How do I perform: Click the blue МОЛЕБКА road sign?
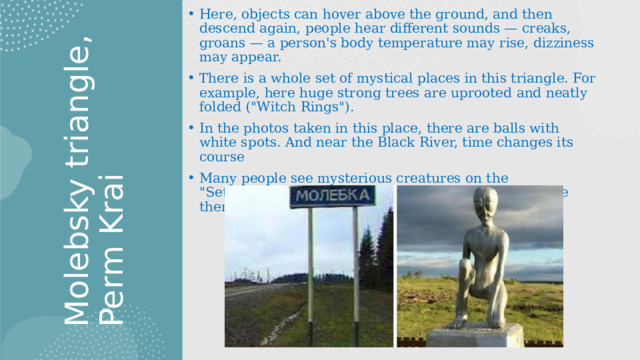pyautogui.click(x=333, y=196)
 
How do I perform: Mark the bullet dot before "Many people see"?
pyautogui.click(x=189, y=177)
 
